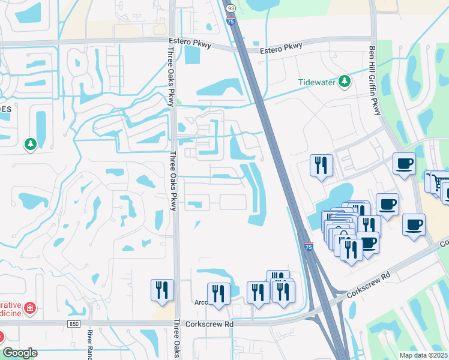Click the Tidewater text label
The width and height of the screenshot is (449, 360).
coord(318,82)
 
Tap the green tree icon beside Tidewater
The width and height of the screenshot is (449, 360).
coord(345,81)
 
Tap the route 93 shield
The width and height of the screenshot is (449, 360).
coord(230,7)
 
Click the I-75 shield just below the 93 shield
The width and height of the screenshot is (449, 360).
coord(231,20)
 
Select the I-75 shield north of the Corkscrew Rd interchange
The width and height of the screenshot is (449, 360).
coord(309,247)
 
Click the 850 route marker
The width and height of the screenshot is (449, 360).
coord(74,324)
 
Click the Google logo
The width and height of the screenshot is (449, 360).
coord(20,353)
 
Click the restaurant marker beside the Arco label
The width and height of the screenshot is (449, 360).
coord(218,293)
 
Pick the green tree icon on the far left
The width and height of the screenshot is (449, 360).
coord(30,145)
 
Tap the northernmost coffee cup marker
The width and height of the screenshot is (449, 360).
coord(405,163)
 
